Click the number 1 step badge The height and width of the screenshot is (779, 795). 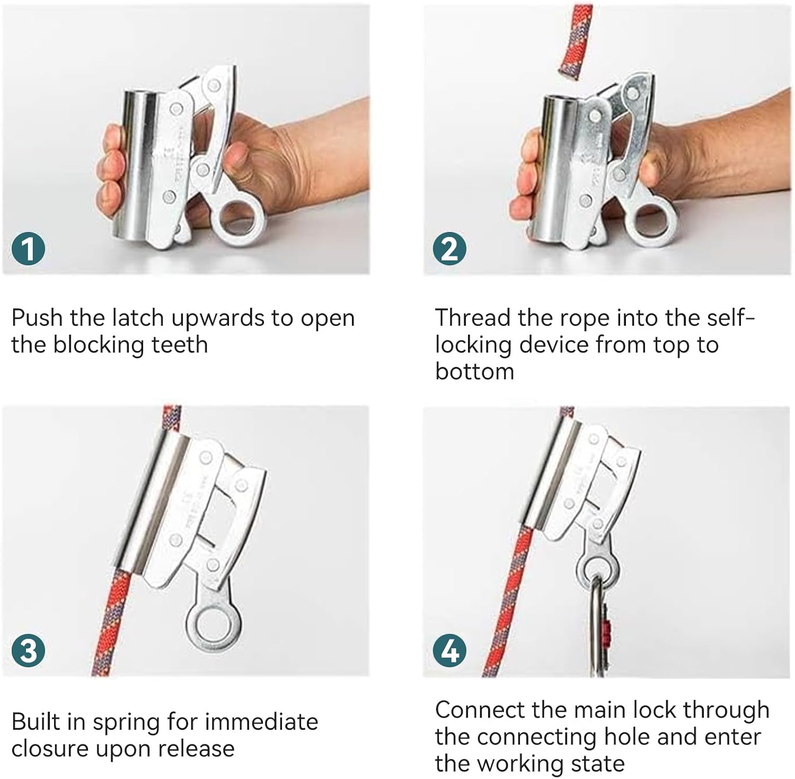point(29,248)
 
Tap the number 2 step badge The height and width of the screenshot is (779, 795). point(450,248)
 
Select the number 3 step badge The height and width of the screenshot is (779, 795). point(29,650)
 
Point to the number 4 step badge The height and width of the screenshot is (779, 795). point(450,650)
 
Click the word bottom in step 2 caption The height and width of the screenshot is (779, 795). point(475,372)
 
